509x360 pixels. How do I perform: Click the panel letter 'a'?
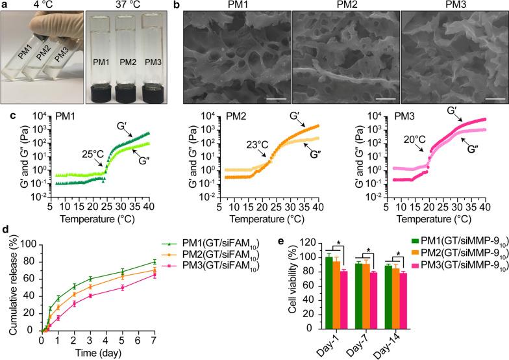[x=5, y=6]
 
